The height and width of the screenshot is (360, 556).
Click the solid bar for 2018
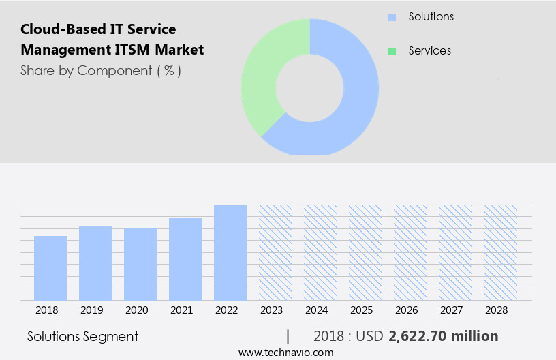(x=50, y=268)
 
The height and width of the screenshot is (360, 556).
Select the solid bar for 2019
(x=95, y=263)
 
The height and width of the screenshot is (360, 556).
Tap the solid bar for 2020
(x=140, y=265)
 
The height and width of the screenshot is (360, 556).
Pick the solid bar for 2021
(x=185, y=259)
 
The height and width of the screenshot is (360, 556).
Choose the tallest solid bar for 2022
(x=230, y=252)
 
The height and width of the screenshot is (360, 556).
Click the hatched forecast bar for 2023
(x=275, y=252)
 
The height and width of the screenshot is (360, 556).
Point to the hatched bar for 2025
(x=365, y=252)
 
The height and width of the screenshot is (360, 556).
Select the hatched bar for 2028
(x=500, y=252)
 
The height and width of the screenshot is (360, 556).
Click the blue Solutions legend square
(x=392, y=17)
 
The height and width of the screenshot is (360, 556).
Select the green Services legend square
(x=392, y=51)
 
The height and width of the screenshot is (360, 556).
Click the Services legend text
(x=429, y=51)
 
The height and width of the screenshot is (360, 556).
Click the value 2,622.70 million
(x=443, y=336)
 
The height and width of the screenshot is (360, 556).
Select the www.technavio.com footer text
(x=286, y=352)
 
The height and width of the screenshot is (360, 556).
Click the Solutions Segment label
(x=82, y=336)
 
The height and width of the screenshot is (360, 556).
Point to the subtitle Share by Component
(x=101, y=70)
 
